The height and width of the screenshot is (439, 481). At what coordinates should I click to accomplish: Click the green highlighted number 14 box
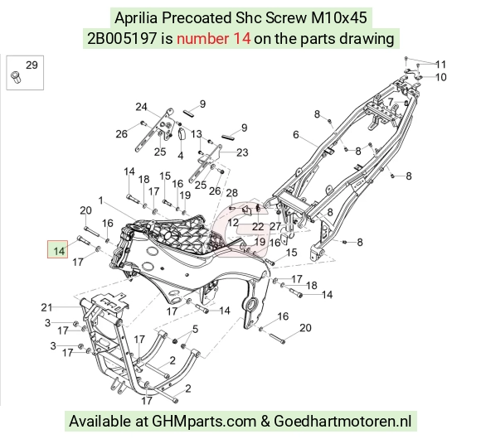[57, 249]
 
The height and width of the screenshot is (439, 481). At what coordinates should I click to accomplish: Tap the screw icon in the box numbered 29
[15, 76]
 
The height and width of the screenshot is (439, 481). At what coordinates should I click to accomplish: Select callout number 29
[32, 65]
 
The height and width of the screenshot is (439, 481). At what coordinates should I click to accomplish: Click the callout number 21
[46, 307]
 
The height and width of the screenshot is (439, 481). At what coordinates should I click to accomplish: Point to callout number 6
[296, 134]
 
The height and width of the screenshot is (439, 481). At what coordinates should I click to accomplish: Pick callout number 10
[441, 77]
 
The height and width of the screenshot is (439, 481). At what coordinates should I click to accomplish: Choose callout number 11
[441, 65]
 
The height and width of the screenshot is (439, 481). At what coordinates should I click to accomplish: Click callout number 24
[142, 107]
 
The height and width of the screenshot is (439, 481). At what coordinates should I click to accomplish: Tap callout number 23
[242, 152]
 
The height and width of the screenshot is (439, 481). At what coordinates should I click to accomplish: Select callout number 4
[181, 156]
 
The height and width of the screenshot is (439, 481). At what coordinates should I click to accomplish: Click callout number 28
[232, 193]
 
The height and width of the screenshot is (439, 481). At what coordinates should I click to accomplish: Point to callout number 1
[100, 200]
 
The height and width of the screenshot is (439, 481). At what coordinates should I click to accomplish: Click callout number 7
[391, 101]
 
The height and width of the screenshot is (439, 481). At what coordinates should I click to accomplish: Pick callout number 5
[196, 329]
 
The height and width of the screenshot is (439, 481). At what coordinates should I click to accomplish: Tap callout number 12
[233, 223]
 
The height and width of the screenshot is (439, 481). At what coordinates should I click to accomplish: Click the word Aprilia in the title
[136, 17]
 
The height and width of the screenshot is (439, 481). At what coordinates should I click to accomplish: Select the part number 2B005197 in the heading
[122, 39]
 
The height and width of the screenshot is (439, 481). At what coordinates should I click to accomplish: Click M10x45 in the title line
[339, 17]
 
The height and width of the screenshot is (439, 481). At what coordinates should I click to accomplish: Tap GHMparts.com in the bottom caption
[204, 422]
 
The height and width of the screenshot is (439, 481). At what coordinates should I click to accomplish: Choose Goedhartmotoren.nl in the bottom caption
[343, 421]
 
